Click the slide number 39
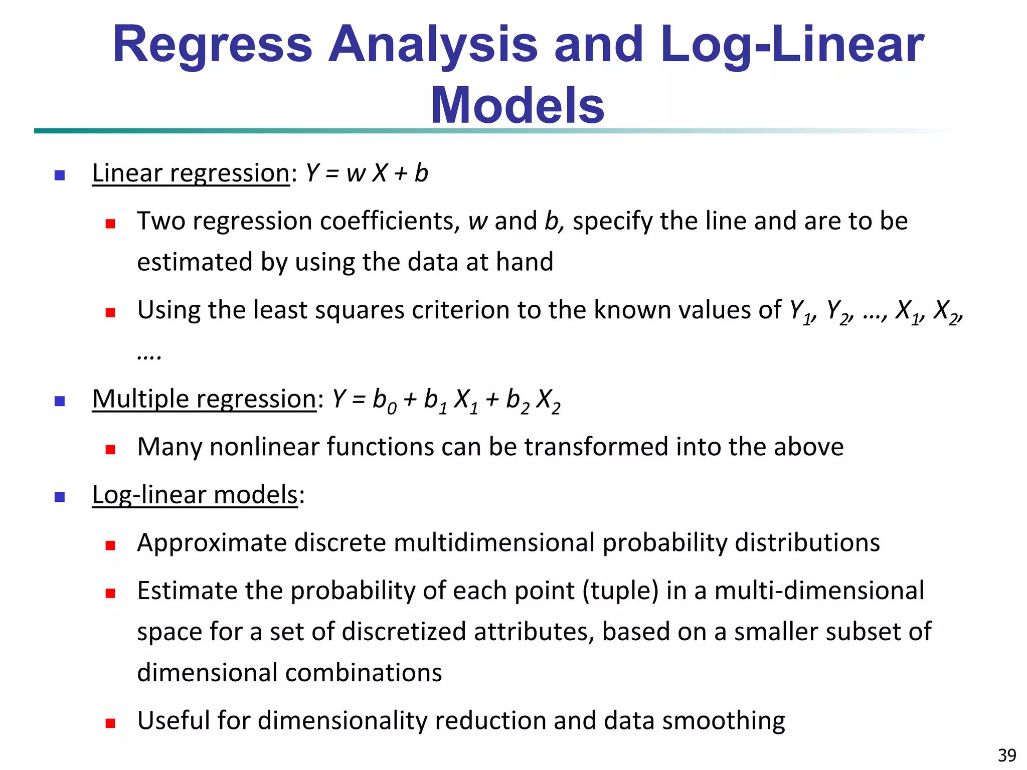point(1006,755)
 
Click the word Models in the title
point(518,105)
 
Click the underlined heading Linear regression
point(191,173)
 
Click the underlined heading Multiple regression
point(204,399)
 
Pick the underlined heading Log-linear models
point(195,495)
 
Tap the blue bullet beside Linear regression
point(60,175)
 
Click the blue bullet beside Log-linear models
point(60,497)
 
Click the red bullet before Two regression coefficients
point(110,224)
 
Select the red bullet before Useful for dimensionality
point(110,723)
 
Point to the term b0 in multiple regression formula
point(384,401)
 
